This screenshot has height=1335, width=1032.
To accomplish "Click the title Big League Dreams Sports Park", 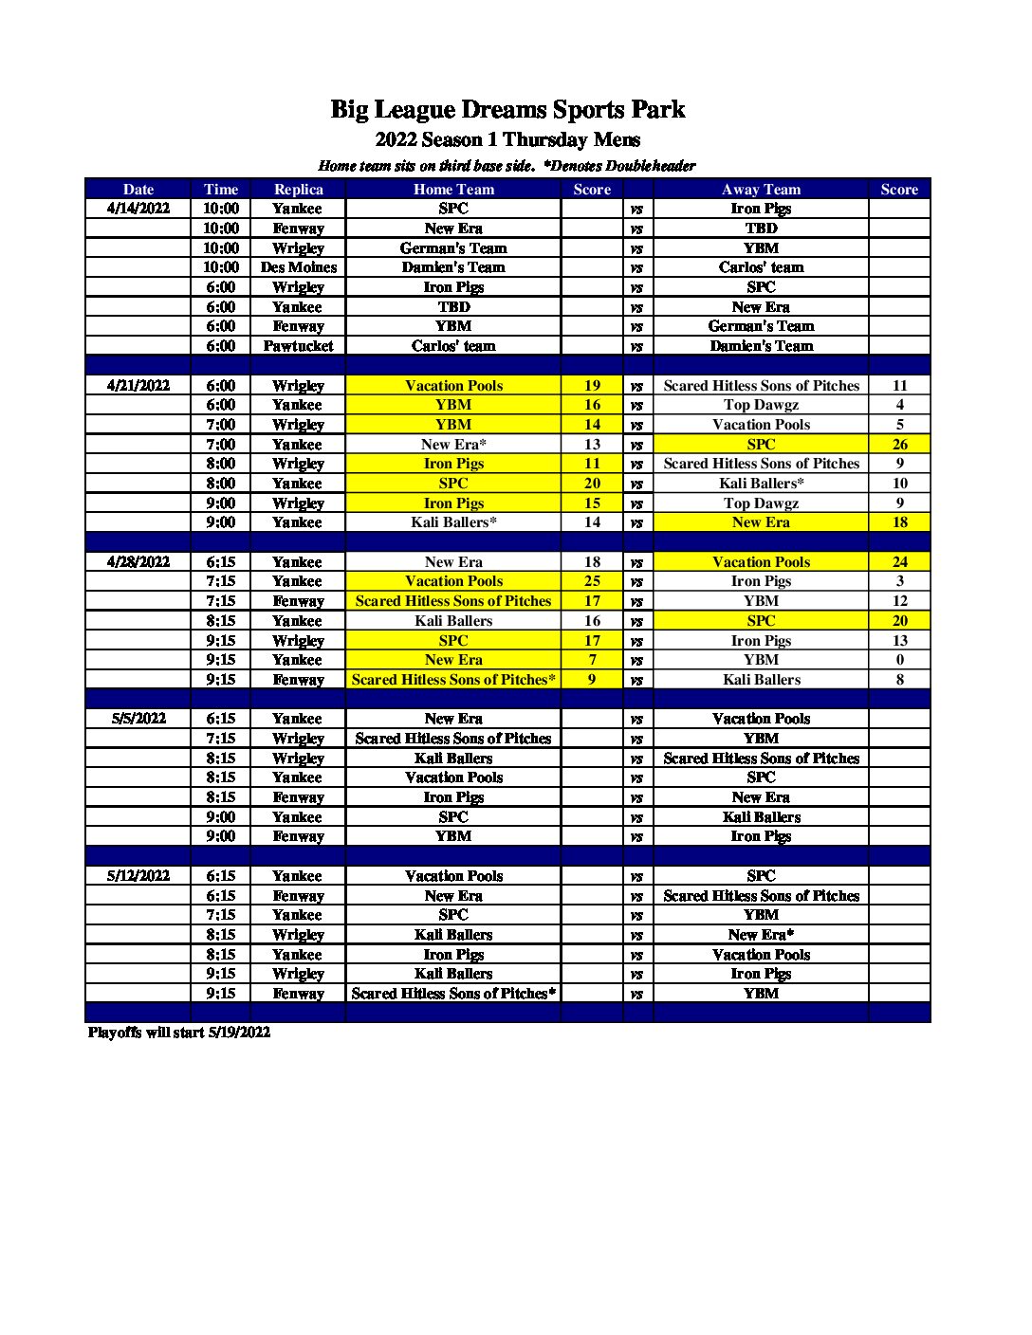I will pos(507,110).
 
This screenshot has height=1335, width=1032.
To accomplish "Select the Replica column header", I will pos(298,190).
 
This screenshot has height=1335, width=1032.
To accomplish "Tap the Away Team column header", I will pos(761,190).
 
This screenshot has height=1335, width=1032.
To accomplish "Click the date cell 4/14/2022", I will pos(138,209).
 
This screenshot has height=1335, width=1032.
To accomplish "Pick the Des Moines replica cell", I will pos(298,267).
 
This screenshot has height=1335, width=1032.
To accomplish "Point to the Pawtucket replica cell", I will pos(298,346).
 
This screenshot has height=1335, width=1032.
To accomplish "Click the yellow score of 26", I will pos(899,445).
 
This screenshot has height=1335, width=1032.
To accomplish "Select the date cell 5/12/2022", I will pos(138,876).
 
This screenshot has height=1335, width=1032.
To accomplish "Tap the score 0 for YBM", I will pos(899,660).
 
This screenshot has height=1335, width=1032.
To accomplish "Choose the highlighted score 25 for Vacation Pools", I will pos(592,581).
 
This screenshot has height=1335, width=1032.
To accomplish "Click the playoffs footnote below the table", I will pos(179,1033).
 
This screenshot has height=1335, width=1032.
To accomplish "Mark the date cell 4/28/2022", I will pos(138,562).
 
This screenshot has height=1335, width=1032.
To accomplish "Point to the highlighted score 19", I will pos(592,386).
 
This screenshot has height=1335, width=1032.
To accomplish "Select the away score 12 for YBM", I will pos(899,601).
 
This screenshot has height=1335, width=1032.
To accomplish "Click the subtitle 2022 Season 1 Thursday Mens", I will pos(507,140).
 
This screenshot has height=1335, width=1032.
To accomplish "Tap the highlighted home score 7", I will pos(592,660).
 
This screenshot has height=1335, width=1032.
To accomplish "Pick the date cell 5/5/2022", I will pos(138,719).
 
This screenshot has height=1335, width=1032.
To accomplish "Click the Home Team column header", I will pos(453,190).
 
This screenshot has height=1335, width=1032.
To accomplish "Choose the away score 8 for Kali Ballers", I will pos(899,680).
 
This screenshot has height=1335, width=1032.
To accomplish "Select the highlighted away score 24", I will pos(899,562).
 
